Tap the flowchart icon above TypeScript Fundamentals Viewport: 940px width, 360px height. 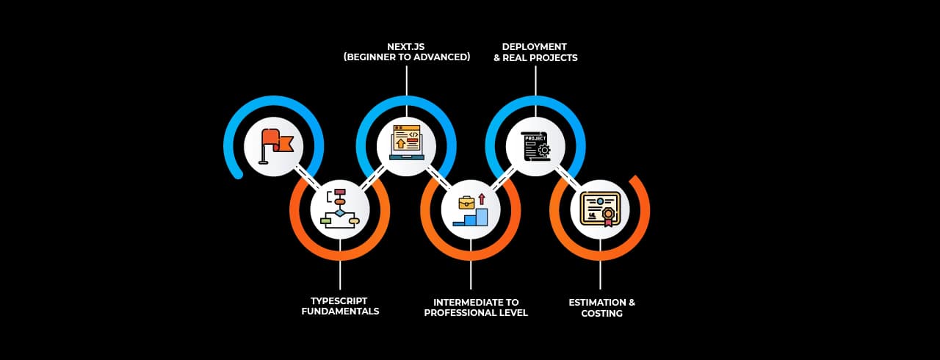(x=339, y=209)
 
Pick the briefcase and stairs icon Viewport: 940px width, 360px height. (x=471, y=209)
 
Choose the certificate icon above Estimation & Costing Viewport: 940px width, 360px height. (x=600, y=209)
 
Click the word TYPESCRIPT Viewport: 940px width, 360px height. (x=339, y=301)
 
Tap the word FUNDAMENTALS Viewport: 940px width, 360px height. (x=340, y=312)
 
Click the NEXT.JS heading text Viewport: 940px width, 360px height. (x=406, y=46)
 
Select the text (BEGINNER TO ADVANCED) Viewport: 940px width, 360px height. (x=406, y=57)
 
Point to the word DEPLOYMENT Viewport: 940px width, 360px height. (x=535, y=46)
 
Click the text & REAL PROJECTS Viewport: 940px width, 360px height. (x=535, y=57)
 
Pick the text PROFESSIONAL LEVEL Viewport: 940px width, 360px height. (x=476, y=313)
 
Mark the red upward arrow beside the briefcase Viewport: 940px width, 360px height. (x=482, y=198)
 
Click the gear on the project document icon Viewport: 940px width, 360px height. (x=543, y=150)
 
